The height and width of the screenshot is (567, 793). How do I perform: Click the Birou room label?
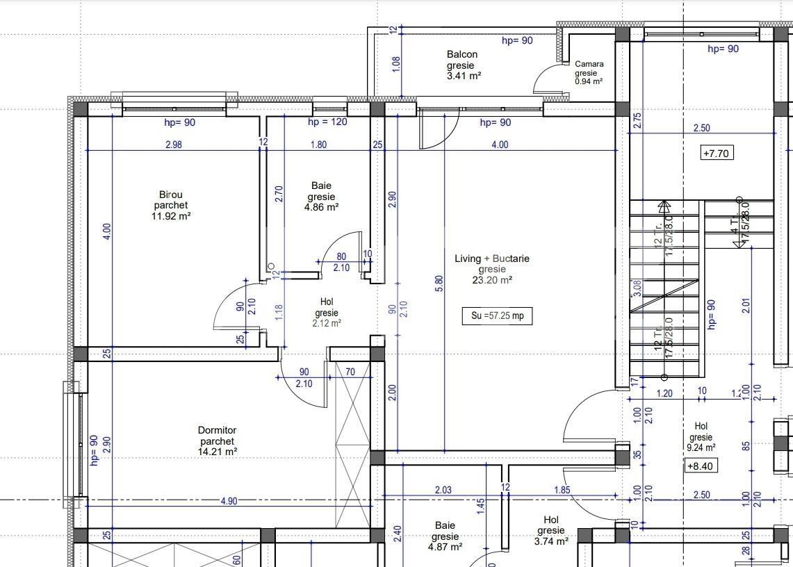point(171,195)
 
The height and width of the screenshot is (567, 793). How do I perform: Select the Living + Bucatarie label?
point(492,258)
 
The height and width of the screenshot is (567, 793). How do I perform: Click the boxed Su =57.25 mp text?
point(497,316)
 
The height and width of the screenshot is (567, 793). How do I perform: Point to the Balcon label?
point(462,54)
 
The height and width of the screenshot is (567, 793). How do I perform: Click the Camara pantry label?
point(589,64)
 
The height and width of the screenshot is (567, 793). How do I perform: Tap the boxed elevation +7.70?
point(716,153)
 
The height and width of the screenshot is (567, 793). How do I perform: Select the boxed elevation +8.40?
point(701,466)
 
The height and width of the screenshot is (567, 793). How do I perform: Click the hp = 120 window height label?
point(327,122)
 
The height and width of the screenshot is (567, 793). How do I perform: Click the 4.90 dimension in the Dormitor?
point(229,501)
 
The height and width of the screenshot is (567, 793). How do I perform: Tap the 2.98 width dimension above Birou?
point(174,145)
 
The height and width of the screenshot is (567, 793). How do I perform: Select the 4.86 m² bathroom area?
point(322,207)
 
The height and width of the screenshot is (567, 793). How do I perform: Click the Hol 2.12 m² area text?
point(326,322)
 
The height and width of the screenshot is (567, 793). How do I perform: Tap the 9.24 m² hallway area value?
point(701,448)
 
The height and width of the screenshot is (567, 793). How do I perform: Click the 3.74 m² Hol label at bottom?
point(551,541)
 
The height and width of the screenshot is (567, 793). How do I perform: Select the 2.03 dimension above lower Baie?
point(443,490)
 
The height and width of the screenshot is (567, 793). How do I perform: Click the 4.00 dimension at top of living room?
point(500,145)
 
